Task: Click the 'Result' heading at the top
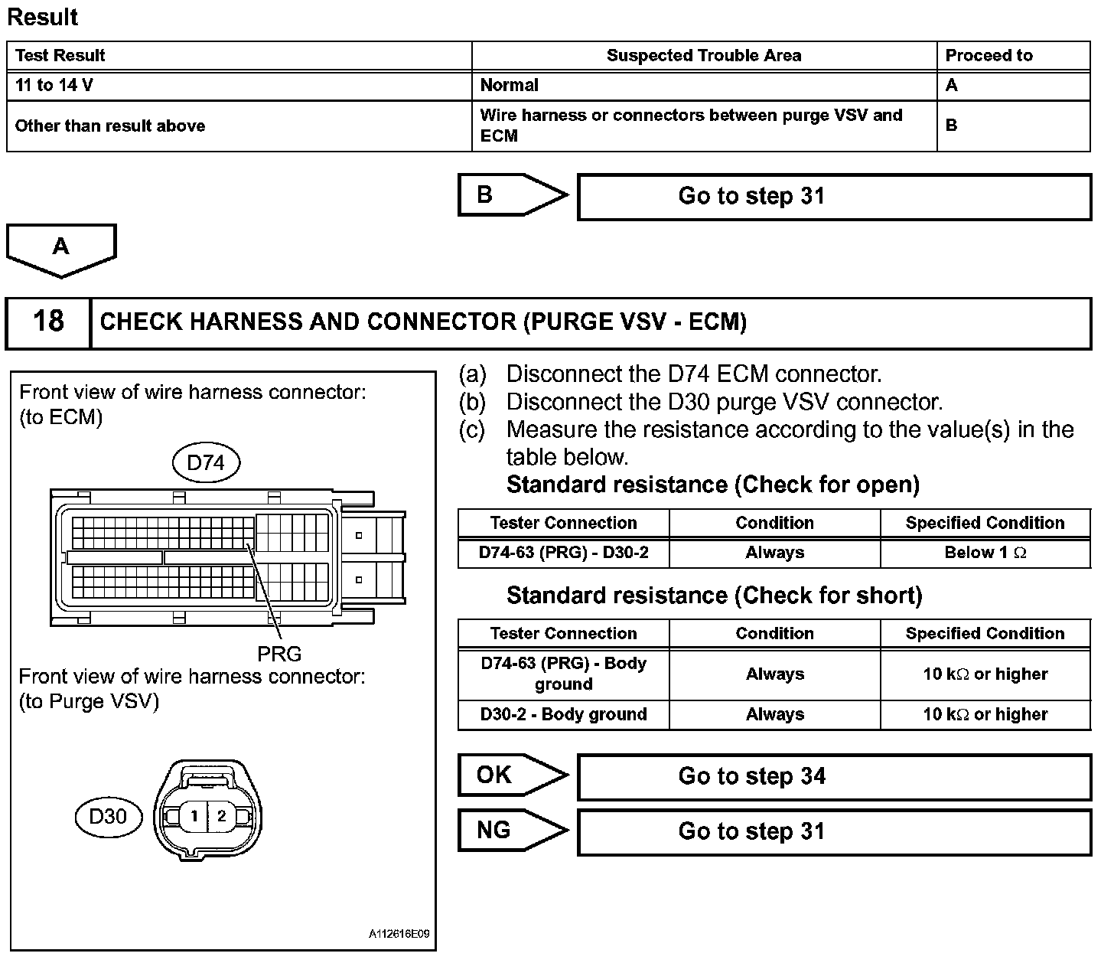[x=43, y=17]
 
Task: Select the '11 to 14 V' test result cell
[x=54, y=85]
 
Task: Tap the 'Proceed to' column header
[x=989, y=55]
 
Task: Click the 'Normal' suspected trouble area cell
[x=509, y=85]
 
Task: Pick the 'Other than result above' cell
[x=110, y=126]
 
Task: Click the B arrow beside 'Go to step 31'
[x=509, y=195]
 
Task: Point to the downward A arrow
[x=60, y=249]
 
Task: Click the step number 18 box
[x=48, y=321]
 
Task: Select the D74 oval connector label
[x=206, y=462]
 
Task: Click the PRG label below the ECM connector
[x=279, y=653]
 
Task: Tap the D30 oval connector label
[x=109, y=816]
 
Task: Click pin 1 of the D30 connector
[x=194, y=816]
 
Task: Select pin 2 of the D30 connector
[x=222, y=816]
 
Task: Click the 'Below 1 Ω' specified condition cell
[x=985, y=553]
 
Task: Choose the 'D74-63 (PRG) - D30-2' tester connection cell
[x=563, y=553]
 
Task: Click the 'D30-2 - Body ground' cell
[x=563, y=714]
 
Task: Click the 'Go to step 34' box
[x=833, y=776]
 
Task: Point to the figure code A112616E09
[x=399, y=934]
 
